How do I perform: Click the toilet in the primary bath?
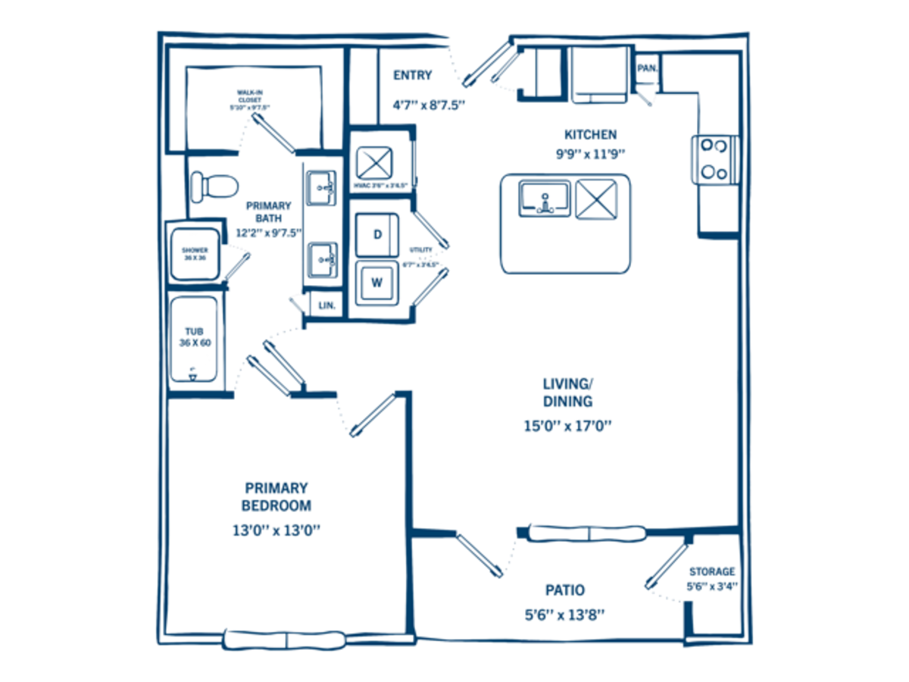(212, 185)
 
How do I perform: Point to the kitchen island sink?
(545, 198)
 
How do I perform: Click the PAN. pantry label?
(647, 67)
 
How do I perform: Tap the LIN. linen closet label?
(327, 305)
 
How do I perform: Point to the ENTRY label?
(413, 75)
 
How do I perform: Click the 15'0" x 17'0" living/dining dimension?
(567, 426)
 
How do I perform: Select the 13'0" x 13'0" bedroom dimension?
(276, 530)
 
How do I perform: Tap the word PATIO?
(565, 590)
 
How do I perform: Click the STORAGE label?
(711, 571)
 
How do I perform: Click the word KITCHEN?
(590, 135)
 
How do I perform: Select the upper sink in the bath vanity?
(321, 186)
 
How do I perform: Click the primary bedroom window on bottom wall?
(286, 639)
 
